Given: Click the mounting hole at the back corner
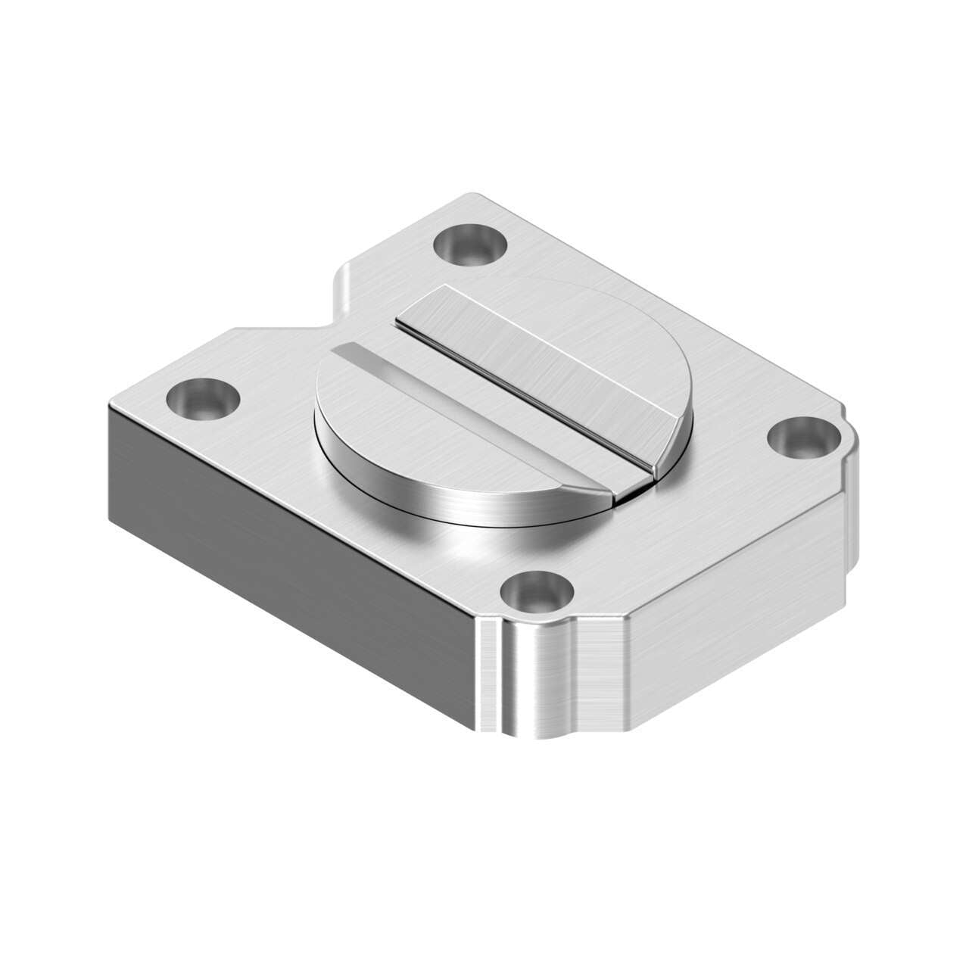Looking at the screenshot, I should point(471,245).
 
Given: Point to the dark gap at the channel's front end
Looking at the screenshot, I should point(634,493).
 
